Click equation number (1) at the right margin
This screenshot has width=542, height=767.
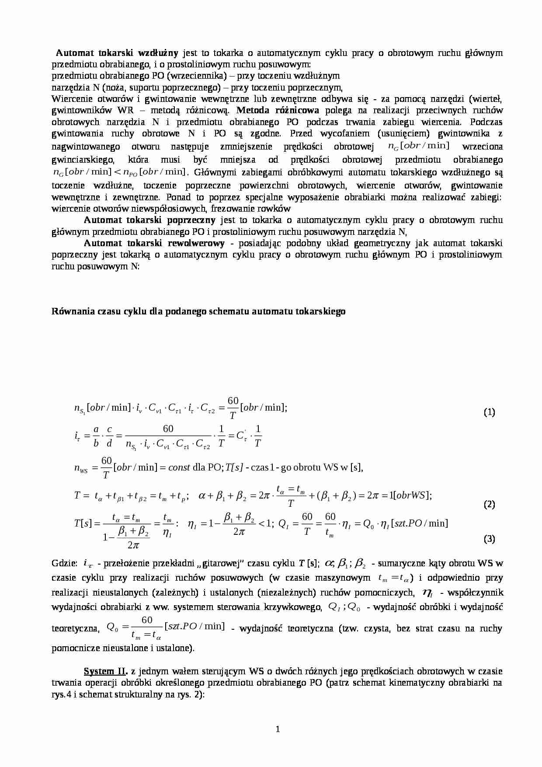[x=489, y=412]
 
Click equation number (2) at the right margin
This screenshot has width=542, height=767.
[x=489, y=504]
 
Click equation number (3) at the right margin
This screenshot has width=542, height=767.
[x=489, y=539]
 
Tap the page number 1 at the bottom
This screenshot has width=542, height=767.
[x=278, y=729]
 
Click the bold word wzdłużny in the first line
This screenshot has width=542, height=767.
[x=158, y=53]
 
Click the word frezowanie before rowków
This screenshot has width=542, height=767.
[x=235, y=209]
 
